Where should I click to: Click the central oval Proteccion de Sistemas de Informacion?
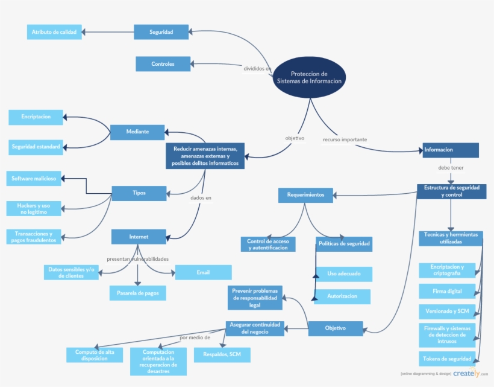[x=309, y=77]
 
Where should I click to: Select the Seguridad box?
[x=161, y=32]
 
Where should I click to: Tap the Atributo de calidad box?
[x=54, y=32]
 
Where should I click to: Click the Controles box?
[x=163, y=63]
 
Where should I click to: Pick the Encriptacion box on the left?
[x=36, y=117]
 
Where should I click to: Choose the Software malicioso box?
[x=34, y=179]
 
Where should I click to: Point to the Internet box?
[x=139, y=236]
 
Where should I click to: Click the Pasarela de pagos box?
[x=137, y=293]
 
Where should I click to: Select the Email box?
[x=203, y=272]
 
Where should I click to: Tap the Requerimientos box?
[x=305, y=195]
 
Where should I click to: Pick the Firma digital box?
[x=447, y=291]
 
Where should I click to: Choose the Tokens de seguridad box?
[x=447, y=359]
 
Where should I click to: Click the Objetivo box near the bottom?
[x=336, y=328]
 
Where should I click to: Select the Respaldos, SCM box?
[x=222, y=354]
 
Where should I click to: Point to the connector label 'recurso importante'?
[x=345, y=139]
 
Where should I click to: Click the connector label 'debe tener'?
[x=451, y=168]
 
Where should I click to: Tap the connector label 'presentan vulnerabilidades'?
[x=137, y=259]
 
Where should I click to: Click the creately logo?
[x=467, y=374]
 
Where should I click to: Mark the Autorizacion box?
[x=343, y=296]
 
